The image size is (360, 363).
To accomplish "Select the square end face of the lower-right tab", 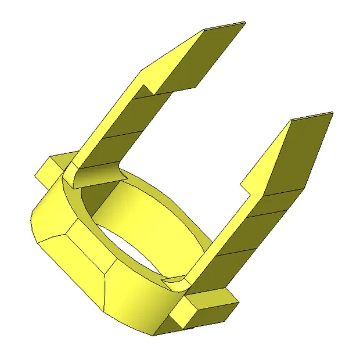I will click(185, 314).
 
